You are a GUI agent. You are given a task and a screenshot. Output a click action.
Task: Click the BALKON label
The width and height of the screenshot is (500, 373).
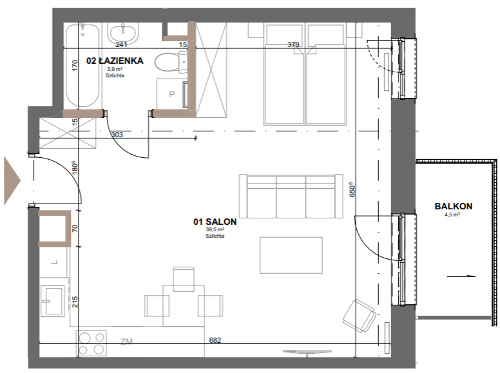pyautogui.click(x=453, y=206)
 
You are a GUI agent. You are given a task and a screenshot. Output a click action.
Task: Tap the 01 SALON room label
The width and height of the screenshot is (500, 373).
pyautogui.click(x=215, y=222)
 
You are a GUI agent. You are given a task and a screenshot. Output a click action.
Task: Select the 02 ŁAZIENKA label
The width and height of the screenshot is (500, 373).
pyautogui.click(x=115, y=61)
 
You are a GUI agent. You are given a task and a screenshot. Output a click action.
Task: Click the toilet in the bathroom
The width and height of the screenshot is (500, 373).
pyautogui.click(x=171, y=62)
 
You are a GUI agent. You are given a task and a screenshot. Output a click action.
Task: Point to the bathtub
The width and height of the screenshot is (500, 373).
pyautogui.click(x=82, y=64)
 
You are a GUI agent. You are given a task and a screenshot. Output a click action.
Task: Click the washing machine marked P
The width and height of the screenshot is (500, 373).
pyautogui.click(x=172, y=94)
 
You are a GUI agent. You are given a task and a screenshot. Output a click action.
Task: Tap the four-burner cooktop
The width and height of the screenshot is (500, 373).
pyautogui.click(x=92, y=343)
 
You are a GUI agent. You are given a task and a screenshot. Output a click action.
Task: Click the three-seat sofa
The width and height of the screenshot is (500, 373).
pyautogui.click(x=291, y=196)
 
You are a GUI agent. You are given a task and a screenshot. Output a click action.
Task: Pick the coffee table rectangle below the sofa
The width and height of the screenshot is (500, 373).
pyautogui.click(x=291, y=255)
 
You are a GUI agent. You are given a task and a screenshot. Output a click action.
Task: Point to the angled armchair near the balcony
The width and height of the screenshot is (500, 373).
pyautogui.click(x=360, y=316)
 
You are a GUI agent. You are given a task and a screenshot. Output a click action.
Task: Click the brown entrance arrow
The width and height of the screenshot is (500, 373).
pyautogui.click(x=12, y=180)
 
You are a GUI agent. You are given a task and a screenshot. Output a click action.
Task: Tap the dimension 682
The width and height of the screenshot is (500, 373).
pyautogui.click(x=215, y=340)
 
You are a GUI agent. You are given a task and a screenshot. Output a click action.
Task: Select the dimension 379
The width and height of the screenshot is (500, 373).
pyautogui.click(x=293, y=44)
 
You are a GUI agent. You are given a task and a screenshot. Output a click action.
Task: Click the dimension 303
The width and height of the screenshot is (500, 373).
pyautogui.click(x=117, y=135)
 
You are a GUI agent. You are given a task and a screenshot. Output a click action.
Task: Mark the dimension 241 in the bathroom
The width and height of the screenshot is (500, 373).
pyautogui.click(x=121, y=44)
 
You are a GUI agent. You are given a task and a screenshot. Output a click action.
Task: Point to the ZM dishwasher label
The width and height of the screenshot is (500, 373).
pyautogui.click(x=126, y=341)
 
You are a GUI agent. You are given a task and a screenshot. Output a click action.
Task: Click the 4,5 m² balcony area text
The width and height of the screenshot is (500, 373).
pyautogui.click(x=452, y=215)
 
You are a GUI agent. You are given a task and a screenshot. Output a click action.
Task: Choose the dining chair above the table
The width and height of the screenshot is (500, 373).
pyautogui.click(x=184, y=280)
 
